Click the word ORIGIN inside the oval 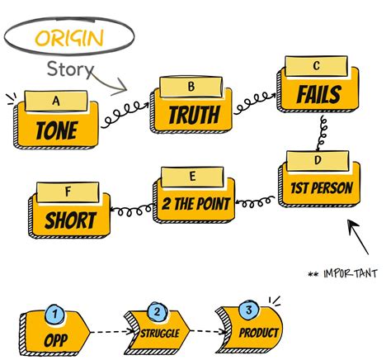pyautogui.click(x=69, y=38)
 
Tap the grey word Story pyautogui.click(x=70, y=69)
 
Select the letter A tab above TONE pyautogui.click(x=56, y=101)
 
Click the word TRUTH pyautogui.click(x=194, y=115)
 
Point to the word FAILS pyautogui.click(x=319, y=94)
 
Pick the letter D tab pyautogui.click(x=318, y=160)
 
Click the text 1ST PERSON pyautogui.click(x=322, y=188)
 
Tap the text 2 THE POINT pyautogui.click(x=195, y=204)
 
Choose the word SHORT pyautogui.click(x=70, y=220)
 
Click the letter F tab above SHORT pyautogui.click(x=68, y=192)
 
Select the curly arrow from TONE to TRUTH pyautogui.click(x=125, y=115)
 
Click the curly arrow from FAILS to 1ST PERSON pyautogui.click(x=322, y=133)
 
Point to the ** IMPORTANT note pyautogui.click(x=342, y=274)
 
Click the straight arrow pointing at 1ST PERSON pyautogui.click(x=358, y=237)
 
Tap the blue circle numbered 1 pyautogui.click(x=54, y=314)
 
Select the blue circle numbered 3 pyautogui.click(x=249, y=310)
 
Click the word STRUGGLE pyautogui.click(x=160, y=334)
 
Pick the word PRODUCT pyautogui.click(x=259, y=333)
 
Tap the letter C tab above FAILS pyautogui.click(x=317, y=66)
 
